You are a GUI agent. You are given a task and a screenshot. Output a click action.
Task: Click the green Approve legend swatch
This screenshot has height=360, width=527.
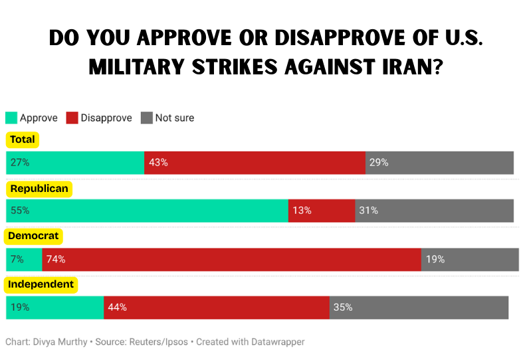click(x=11, y=118)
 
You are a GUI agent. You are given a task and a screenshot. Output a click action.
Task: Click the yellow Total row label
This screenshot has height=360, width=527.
click(x=22, y=140)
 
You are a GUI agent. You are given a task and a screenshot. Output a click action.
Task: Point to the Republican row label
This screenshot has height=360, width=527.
click(x=39, y=189)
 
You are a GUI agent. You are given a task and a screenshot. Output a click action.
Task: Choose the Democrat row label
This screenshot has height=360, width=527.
click(x=34, y=236)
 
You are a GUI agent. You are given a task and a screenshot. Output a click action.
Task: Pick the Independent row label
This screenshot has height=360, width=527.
click(x=41, y=284)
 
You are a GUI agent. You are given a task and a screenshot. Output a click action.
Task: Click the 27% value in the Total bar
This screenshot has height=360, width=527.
click(x=20, y=163)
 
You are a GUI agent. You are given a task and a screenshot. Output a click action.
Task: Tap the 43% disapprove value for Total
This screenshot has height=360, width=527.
click(x=159, y=163)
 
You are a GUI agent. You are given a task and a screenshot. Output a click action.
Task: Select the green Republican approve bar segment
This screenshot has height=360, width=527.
click(x=146, y=211)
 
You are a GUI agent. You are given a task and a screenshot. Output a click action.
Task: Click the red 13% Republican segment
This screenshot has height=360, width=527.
click(x=321, y=211)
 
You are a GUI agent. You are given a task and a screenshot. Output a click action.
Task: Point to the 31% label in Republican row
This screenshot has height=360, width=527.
click(x=369, y=211)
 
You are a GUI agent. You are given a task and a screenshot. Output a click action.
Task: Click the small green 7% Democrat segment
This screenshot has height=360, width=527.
click(x=23, y=260)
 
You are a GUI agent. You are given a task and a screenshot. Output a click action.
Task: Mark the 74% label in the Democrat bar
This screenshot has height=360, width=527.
click(x=56, y=260)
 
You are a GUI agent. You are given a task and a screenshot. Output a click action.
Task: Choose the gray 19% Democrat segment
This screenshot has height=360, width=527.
click(x=470, y=260)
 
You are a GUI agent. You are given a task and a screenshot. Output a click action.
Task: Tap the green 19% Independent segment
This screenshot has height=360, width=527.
click(x=54, y=308)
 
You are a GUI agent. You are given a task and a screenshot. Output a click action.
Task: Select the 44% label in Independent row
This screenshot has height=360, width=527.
click(x=118, y=308)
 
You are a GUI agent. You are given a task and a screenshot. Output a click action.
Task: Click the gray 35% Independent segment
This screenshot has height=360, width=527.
click(x=419, y=308)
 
